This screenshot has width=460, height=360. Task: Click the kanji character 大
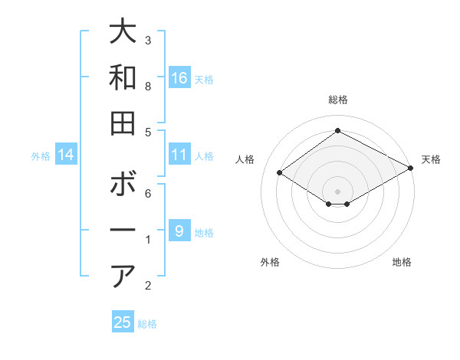123,32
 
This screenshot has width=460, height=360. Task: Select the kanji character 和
123,77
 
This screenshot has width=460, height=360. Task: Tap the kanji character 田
123,122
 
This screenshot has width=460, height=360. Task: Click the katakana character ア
123,275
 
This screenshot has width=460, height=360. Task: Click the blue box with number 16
179,77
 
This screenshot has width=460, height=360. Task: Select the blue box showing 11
179,155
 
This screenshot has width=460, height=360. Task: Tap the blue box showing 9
179,231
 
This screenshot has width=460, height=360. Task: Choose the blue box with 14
66,155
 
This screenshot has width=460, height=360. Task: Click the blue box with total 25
123,322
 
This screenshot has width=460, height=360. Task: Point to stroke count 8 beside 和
148,87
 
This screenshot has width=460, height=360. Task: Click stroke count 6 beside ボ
148,193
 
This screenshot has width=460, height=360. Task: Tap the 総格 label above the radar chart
337,100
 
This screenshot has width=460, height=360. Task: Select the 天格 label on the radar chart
431,159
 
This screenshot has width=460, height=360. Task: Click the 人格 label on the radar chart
245,159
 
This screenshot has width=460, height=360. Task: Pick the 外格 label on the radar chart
270,262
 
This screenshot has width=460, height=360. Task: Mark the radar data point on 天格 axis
411,169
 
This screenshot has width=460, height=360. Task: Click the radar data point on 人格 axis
280,173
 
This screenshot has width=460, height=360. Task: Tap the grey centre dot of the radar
337,190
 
